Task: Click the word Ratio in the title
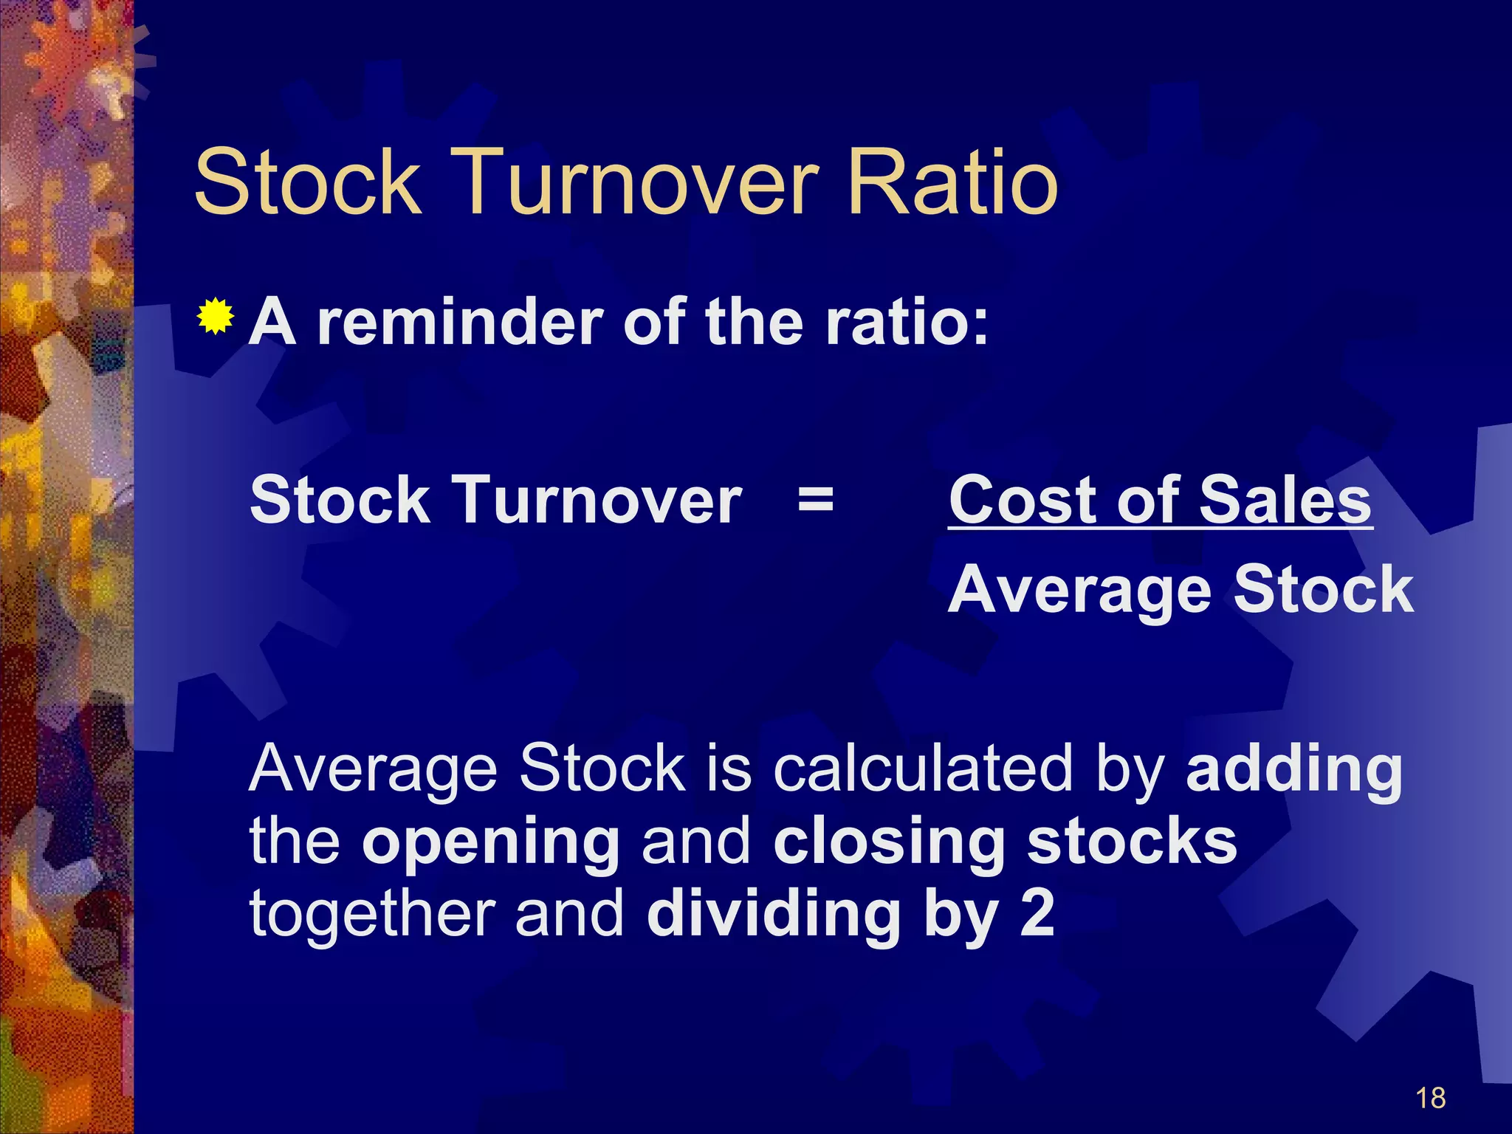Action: coord(952,182)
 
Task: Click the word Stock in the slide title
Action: coord(307,182)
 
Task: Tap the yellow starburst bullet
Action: coord(216,317)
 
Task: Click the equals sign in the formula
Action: coord(816,501)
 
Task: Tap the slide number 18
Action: coord(1430,1099)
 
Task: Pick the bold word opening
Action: coord(490,844)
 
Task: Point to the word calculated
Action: coord(923,769)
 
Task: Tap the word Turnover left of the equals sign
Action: coord(597,501)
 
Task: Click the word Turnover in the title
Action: coord(639,182)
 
